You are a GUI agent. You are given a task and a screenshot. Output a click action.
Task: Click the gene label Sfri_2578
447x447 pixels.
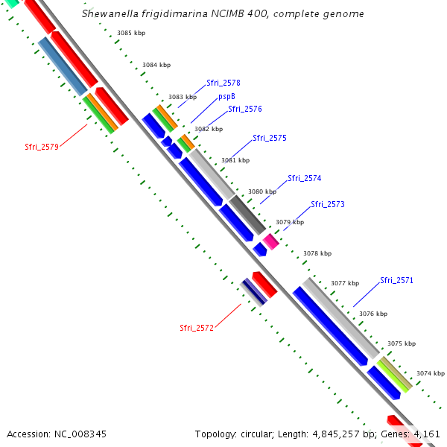pyautogui.click(x=223, y=83)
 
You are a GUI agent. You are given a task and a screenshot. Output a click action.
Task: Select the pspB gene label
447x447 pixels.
pyautogui.click(x=226, y=96)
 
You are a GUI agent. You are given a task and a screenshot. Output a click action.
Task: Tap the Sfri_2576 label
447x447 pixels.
pyautogui.click(x=244, y=109)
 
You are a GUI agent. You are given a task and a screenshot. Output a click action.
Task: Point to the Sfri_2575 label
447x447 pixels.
pyautogui.click(x=269, y=138)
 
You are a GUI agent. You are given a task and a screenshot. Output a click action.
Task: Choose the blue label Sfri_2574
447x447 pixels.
pyautogui.click(x=305, y=178)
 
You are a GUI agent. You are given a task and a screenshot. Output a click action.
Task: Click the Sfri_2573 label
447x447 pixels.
pyautogui.click(x=327, y=204)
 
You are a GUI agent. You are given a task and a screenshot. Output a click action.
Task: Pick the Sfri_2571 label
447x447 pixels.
pyautogui.click(x=396, y=280)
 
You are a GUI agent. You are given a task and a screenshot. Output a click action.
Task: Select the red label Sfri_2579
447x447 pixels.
pyautogui.click(x=41, y=147)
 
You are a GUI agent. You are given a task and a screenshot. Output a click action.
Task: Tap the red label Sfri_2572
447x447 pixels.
pyautogui.click(x=197, y=327)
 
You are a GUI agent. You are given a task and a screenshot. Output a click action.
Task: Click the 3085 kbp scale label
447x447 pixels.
pyautogui.click(x=131, y=33)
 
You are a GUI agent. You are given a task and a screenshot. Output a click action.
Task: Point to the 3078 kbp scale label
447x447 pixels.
pyautogui.click(x=317, y=253)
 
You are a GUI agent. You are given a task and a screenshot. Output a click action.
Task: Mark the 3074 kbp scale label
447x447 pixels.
pyautogui.click(x=430, y=372)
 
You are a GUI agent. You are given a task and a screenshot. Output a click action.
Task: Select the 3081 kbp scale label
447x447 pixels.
pyautogui.click(x=235, y=160)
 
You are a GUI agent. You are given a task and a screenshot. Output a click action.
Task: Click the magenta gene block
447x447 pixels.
pyautogui.click(x=270, y=241)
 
